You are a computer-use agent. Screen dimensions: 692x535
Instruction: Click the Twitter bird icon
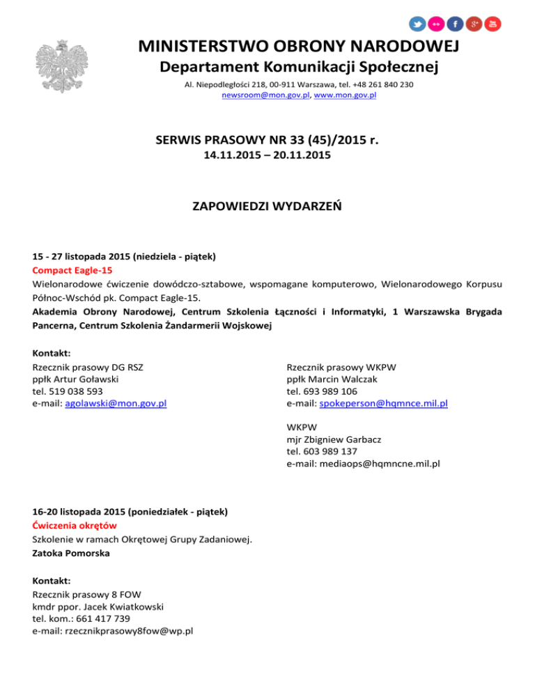tap(417, 24)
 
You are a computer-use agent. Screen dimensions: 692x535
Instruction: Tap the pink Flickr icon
tap(436, 24)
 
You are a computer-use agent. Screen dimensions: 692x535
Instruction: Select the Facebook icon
tap(455, 24)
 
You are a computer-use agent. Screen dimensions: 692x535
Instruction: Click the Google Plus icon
tap(474, 24)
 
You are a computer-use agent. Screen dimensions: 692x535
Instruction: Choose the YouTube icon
tap(493, 24)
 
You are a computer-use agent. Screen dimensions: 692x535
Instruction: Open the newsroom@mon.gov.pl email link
tap(266, 95)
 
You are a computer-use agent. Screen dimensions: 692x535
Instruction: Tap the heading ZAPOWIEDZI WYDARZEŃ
tap(267, 207)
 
